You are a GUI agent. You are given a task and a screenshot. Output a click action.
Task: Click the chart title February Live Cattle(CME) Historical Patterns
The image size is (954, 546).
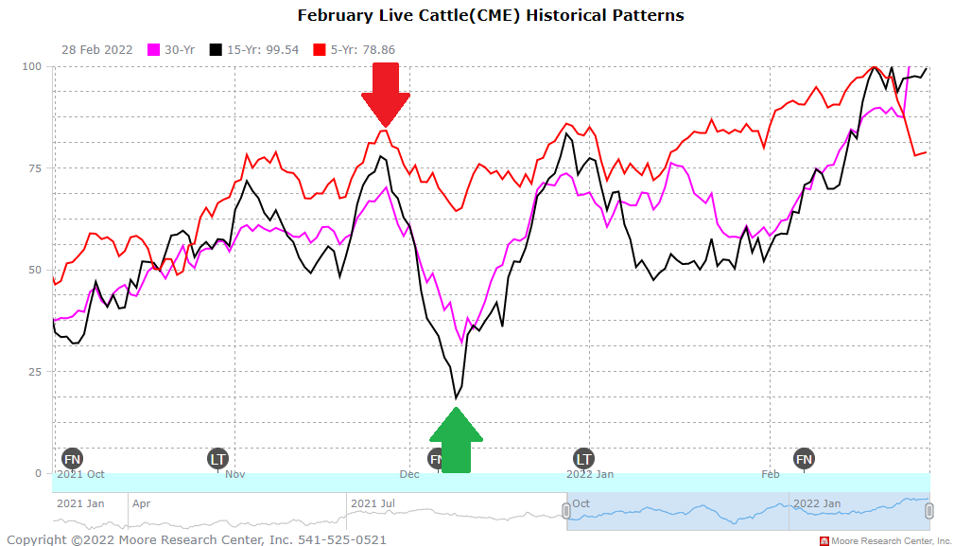click(491, 15)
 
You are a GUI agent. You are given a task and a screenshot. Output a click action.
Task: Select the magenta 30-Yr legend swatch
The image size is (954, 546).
click(155, 49)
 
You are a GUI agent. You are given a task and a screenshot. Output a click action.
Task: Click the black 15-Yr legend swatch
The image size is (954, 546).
click(217, 49)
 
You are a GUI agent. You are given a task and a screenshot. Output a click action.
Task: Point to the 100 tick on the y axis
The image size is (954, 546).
click(33, 66)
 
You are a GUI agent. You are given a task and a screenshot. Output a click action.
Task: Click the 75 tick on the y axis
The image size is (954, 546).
click(35, 168)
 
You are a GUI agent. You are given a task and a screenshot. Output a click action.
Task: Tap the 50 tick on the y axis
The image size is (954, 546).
click(35, 270)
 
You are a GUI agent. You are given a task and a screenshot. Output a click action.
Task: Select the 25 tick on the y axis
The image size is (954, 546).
click(35, 371)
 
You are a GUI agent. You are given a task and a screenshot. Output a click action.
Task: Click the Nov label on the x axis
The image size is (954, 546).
click(234, 474)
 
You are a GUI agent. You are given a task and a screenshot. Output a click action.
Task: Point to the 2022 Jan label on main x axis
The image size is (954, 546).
click(590, 474)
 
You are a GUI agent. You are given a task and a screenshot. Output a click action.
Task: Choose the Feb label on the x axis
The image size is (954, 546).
click(771, 474)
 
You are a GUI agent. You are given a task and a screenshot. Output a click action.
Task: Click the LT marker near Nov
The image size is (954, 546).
click(218, 459)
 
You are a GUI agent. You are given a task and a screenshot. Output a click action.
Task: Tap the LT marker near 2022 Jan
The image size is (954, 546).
click(583, 459)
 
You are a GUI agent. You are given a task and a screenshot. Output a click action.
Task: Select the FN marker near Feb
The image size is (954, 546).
click(804, 459)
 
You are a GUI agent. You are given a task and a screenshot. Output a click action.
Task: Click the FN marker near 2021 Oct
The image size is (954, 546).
click(72, 459)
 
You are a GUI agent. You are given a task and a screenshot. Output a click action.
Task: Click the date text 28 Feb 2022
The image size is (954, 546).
click(97, 49)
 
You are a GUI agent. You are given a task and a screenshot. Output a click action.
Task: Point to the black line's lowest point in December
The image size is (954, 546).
click(455, 398)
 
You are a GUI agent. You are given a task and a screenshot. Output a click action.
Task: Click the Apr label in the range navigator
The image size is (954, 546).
click(141, 503)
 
